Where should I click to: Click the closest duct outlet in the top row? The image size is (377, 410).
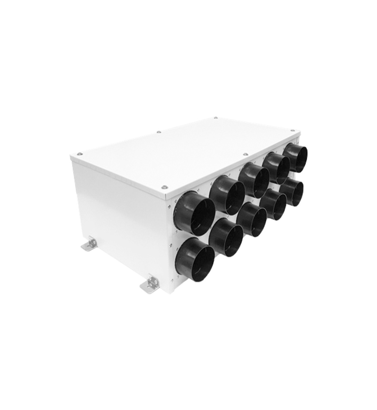pos(195,213)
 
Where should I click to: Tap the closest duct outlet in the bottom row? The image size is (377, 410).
pos(195,260)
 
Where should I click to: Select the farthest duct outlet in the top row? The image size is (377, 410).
pos(295,157)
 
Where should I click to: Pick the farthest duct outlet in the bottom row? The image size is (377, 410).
pos(292,191)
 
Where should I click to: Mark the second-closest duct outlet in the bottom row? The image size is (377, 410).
pos(226,237)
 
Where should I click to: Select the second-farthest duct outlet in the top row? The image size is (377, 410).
pos(277,168)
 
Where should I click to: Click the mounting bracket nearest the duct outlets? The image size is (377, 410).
pos(150,284)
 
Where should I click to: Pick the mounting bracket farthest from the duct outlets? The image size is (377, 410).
pos(90,245)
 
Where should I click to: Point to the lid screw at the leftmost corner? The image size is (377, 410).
pos(79,154)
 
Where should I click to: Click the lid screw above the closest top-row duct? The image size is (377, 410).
pos(164,187)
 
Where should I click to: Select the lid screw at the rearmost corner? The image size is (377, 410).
pos(216,119)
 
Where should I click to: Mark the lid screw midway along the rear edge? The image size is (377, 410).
pos(159,132)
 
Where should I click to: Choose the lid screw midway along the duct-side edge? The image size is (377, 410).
pos(245,155)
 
